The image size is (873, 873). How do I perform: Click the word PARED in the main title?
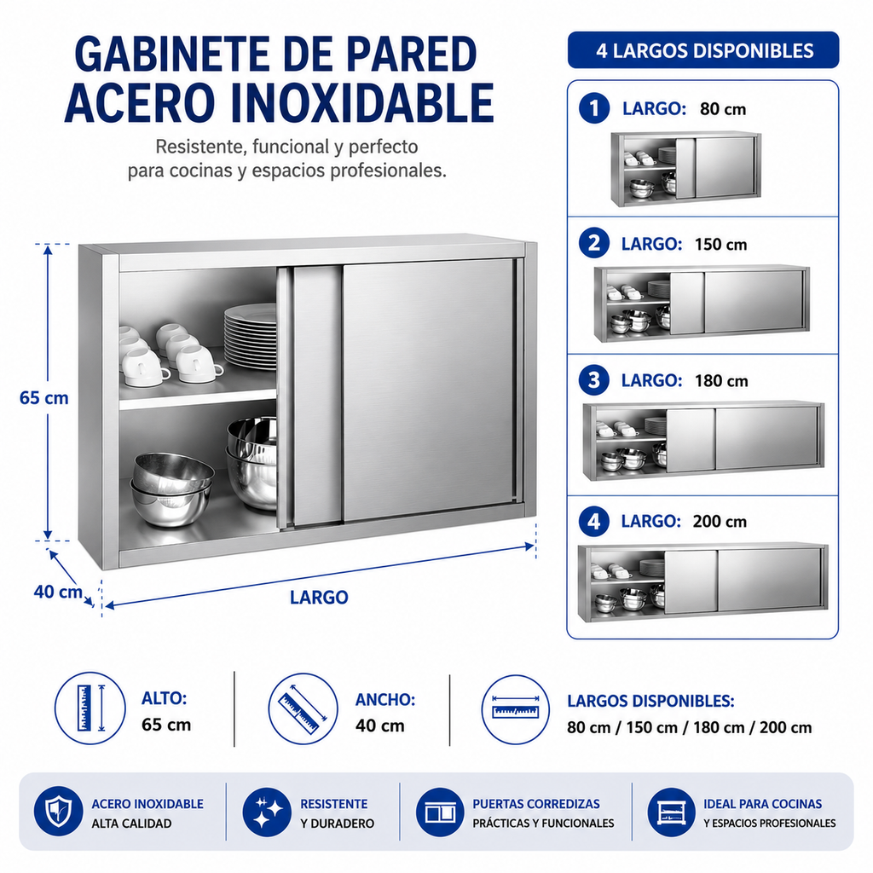[412, 55]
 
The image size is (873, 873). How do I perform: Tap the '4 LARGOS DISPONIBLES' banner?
[703, 50]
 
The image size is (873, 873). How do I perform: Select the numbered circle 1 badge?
[594, 108]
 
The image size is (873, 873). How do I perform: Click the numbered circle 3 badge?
[594, 380]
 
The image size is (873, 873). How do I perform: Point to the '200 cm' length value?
[720, 522]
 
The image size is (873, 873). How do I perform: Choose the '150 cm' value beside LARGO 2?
[720, 245]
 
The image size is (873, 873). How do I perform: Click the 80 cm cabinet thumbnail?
[686, 170]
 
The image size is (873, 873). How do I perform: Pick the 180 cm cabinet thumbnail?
[703, 441]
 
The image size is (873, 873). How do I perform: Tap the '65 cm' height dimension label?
[44, 398]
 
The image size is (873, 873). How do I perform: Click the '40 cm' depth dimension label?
[58, 592]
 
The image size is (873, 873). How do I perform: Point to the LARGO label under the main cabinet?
[319, 598]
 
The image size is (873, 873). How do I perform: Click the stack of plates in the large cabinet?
[251, 336]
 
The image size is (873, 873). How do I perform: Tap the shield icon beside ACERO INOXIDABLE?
[59, 812]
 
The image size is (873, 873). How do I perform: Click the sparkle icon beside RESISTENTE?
[267, 812]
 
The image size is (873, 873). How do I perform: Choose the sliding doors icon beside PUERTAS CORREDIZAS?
[440, 812]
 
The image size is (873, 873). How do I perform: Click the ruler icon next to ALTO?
[90, 708]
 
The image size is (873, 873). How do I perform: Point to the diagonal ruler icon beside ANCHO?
[303, 708]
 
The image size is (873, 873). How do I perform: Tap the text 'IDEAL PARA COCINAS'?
[763, 804]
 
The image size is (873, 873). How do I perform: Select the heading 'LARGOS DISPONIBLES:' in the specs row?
[650, 701]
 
